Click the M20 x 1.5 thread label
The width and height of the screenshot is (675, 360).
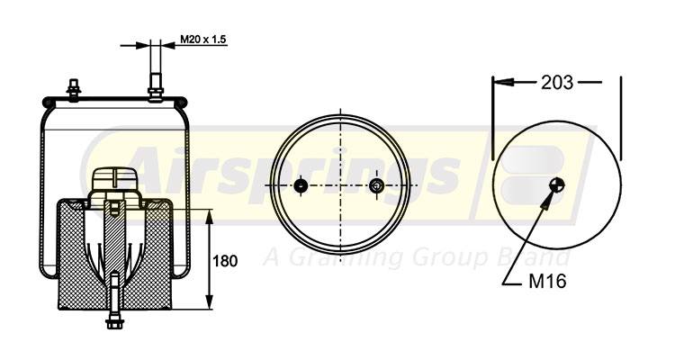click(202, 40)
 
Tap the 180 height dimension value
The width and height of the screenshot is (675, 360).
click(226, 261)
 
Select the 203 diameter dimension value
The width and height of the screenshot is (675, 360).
click(557, 83)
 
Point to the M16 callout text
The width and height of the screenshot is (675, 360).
click(546, 282)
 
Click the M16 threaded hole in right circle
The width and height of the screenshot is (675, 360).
click(557, 185)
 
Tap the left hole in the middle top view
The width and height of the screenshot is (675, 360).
click(301, 186)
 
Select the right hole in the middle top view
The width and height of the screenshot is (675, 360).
click(376, 186)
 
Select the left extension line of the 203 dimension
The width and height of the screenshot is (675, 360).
click(492, 117)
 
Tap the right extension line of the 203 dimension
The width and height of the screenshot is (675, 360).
click(622, 117)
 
